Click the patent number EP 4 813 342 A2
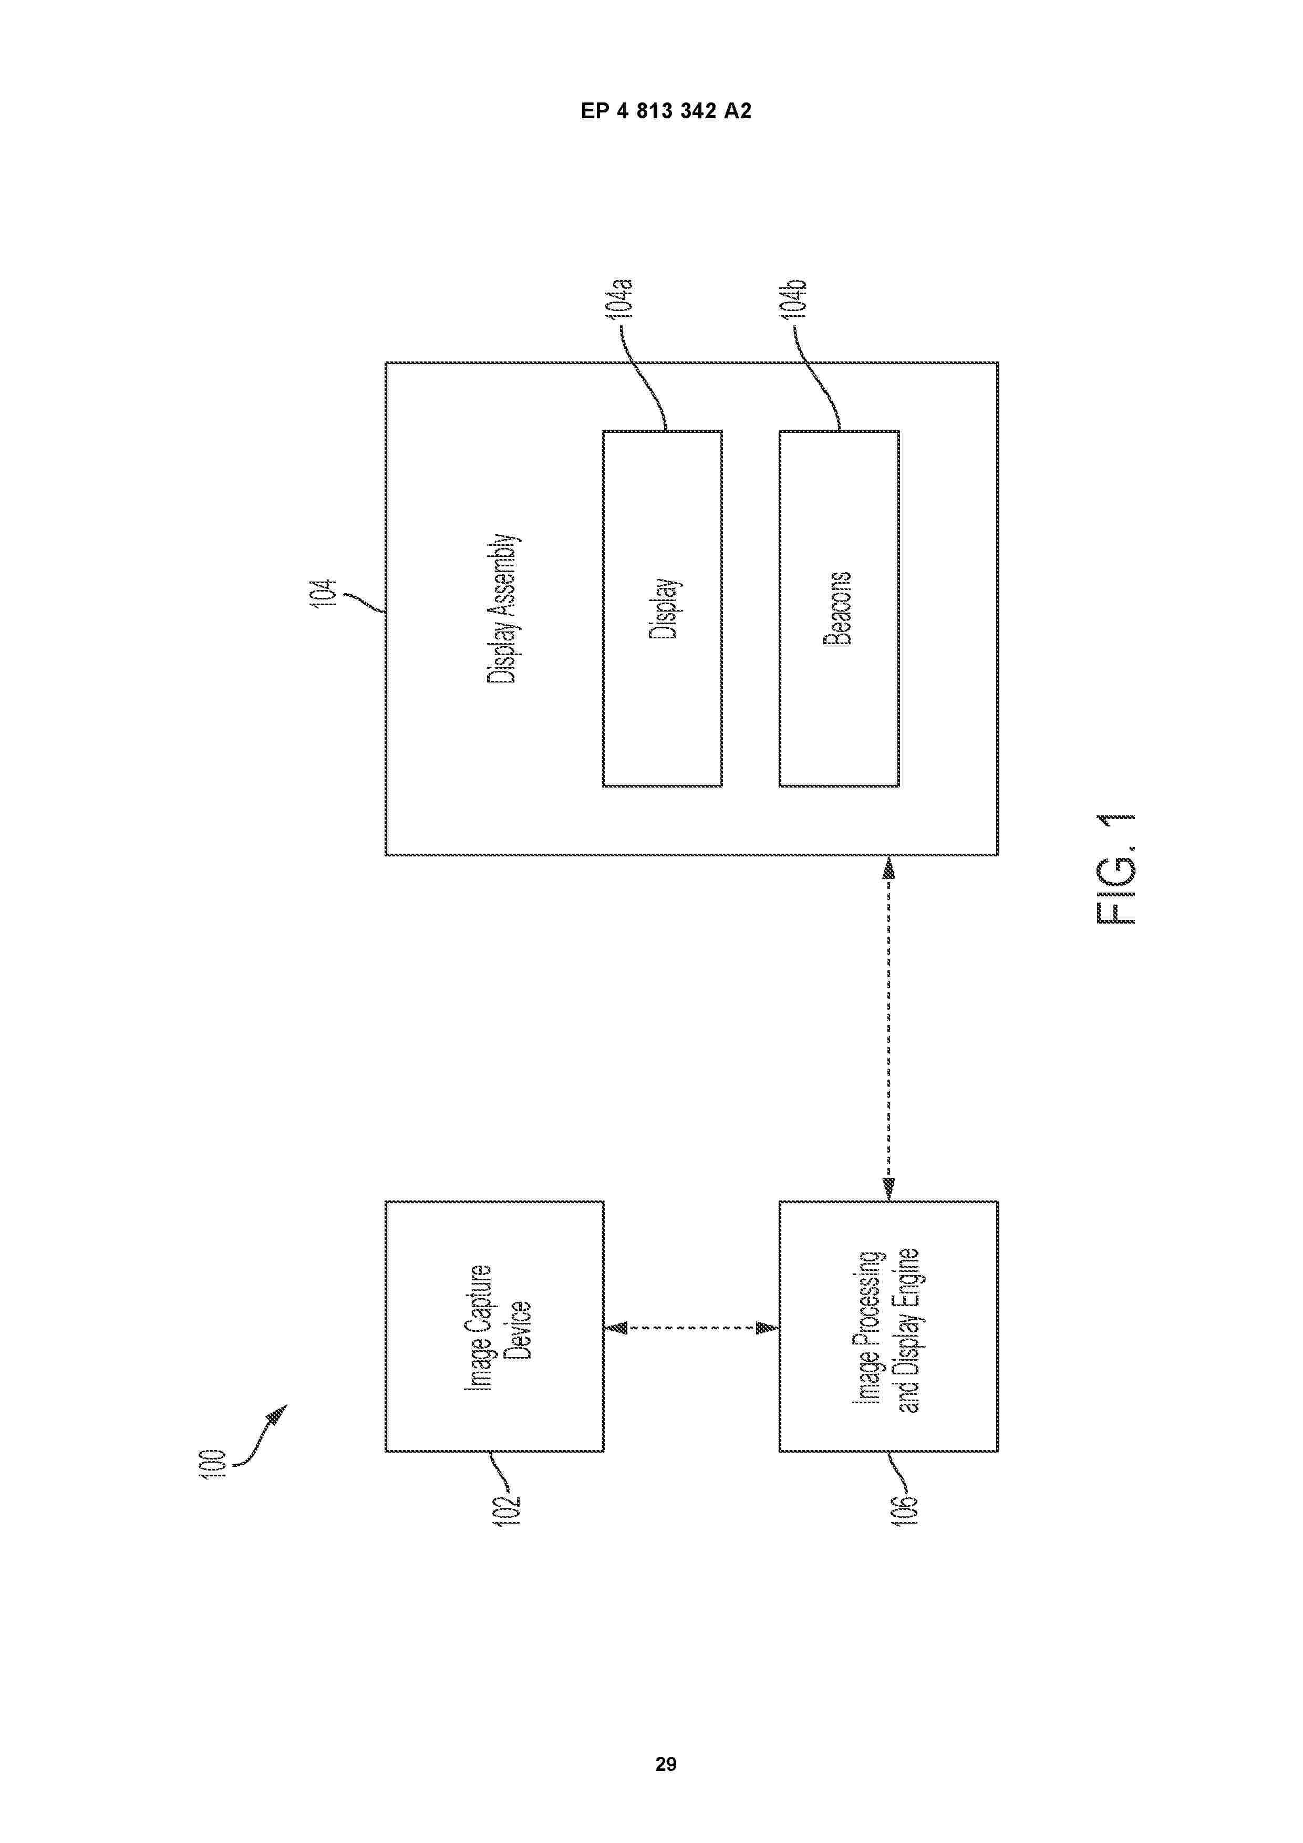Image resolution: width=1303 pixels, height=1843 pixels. tap(666, 111)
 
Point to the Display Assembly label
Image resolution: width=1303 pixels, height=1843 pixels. tap(503, 608)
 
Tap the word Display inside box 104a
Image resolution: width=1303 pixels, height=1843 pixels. tap(663, 608)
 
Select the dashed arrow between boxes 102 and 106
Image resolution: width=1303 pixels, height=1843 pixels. tap(691, 1329)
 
